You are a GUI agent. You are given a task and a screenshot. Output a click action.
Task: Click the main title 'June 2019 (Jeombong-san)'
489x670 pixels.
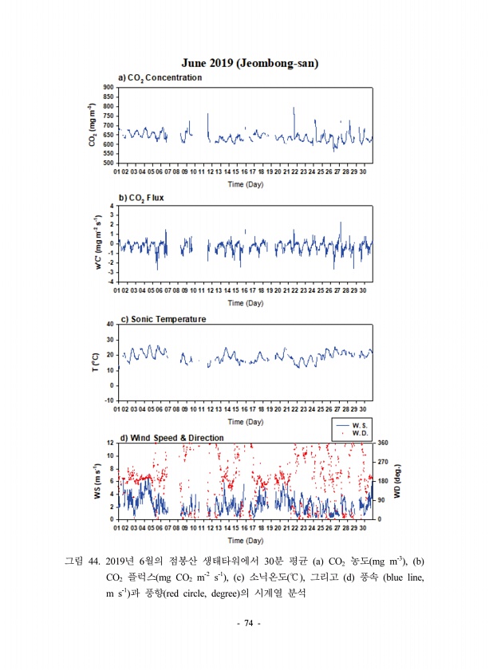[244, 62]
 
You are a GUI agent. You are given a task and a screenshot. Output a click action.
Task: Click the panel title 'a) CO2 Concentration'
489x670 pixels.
[160, 77]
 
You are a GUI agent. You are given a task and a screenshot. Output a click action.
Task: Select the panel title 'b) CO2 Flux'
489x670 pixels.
[141, 197]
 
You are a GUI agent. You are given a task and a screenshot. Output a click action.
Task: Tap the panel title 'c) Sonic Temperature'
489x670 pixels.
[163, 319]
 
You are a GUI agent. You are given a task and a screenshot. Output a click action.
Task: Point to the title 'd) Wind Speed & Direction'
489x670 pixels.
[172, 437]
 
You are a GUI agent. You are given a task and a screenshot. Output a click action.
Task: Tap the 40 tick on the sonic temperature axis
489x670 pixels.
[110, 325]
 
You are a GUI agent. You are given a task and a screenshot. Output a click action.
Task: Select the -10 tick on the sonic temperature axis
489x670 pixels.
[108, 400]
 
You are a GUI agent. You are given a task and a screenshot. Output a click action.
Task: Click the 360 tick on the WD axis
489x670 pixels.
[382, 443]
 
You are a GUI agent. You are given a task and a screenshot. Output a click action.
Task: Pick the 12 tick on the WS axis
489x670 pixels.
[110, 443]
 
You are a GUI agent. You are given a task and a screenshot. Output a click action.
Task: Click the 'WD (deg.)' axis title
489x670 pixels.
[396, 481]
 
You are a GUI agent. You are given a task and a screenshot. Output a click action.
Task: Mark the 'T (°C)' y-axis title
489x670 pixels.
[93, 362]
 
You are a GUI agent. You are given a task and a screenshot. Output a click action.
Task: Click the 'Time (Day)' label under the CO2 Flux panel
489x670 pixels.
[245, 302]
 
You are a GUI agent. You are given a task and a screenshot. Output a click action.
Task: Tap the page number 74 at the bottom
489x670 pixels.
[244, 623]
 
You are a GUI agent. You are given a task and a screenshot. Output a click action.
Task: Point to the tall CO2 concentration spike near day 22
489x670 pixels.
[294, 108]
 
